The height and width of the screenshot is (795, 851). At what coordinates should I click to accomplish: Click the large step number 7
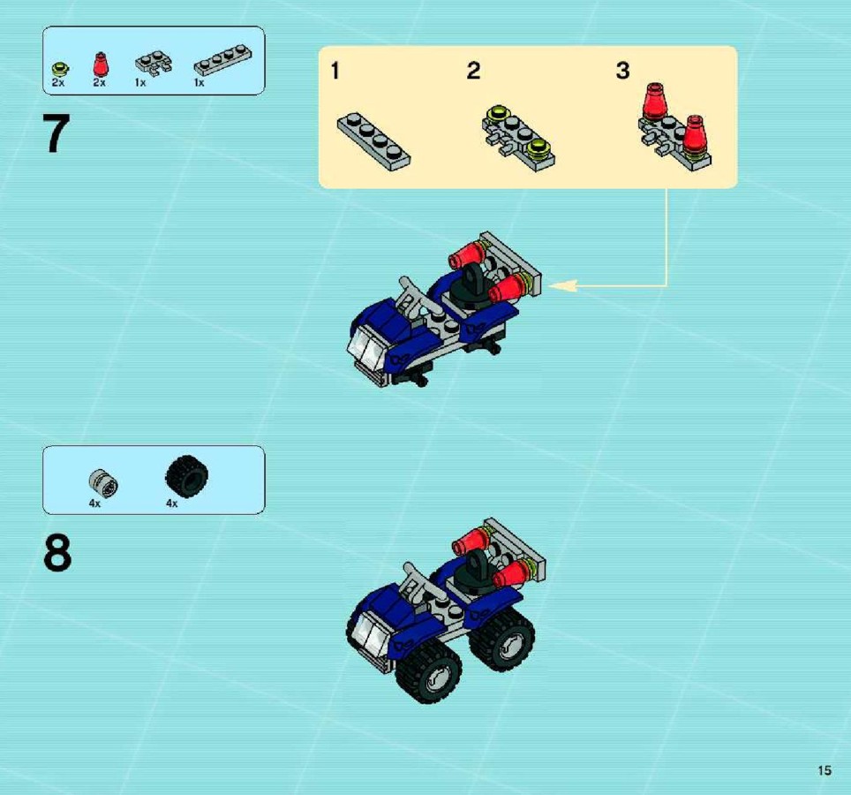point(56,133)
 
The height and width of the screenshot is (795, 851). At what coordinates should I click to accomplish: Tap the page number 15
point(825,770)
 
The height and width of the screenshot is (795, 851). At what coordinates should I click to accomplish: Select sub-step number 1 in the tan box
point(335,71)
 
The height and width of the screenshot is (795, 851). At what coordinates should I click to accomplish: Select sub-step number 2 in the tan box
point(473,71)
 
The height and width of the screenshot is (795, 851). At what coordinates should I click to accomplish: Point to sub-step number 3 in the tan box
point(622,71)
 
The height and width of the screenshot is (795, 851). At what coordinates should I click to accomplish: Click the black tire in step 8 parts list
point(186,476)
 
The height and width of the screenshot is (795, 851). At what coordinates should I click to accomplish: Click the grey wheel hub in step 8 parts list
point(103,482)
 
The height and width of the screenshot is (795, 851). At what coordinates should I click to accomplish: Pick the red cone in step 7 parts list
point(100,64)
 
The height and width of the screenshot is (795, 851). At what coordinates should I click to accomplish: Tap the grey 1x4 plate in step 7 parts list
point(223,59)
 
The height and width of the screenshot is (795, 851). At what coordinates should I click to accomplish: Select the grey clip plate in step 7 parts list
point(154,63)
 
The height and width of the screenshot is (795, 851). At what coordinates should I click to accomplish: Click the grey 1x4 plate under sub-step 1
point(373,141)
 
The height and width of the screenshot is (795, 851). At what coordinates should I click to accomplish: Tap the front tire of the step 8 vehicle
point(429,671)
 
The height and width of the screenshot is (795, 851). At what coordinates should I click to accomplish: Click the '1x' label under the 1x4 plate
point(200,82)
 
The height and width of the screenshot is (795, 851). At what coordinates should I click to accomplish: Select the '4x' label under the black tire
point(171,503)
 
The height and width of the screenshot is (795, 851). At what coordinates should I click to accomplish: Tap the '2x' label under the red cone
point(100,82)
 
